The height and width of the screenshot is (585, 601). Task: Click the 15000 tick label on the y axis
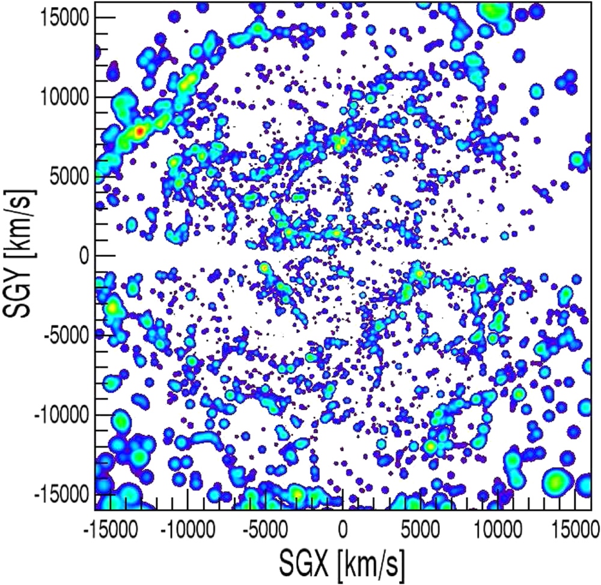(69, 17)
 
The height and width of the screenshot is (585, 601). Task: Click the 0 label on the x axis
(343, 530)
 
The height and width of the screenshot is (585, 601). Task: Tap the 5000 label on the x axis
(421, 530)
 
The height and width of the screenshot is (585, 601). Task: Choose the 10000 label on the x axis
(498, 530)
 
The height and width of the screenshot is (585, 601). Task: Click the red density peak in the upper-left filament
(139, 131)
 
